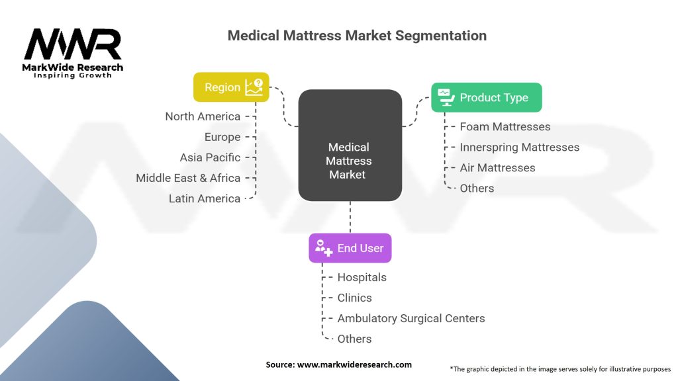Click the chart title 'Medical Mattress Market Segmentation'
pyautogui.click(x=357, y=36)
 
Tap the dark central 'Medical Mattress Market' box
pyautogui.click(x=350, y=146)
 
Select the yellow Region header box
pyautogui.click(x=231, y=87)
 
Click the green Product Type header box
pyautogui.click(x=486, y=97)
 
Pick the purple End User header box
pyautogui.click(x=350, y=248)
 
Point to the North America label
pyautogui.click(x=203, y=116)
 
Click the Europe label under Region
pyautogui.click(x=222, y=137)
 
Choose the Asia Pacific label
pyautogui.click(x=210, y=157)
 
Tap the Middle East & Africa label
pyautogui.click(x=188, y=178)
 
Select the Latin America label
pyautogui.click(x=205, y=198)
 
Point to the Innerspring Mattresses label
pyautogui.click(x=520, y=147)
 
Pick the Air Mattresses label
pyautogui.click(x=497, y=167)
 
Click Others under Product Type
pyautogui.click(x=477, y=188)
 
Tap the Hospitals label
pyautogui.click(x=362, y=277)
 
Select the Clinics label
pyautogui.click(x=354, y=298)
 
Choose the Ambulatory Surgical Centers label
pyautogui.click(x=411, y=318)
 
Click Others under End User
pyautogui.click(x=354, y=339)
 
